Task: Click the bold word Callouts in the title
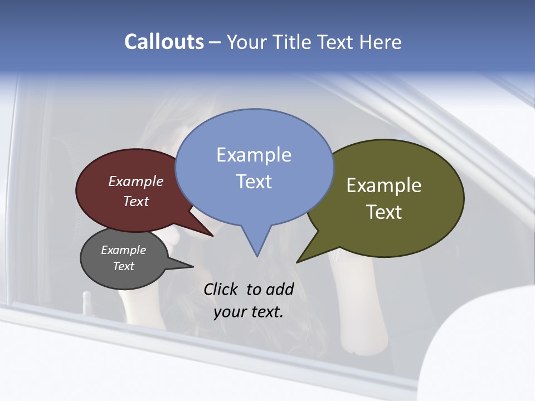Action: pyautogui.click(x=164, y=42)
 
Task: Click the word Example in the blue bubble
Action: pyautogui.click(x=254, y=155)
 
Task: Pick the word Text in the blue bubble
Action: pyautogui.click(x=254, y=182)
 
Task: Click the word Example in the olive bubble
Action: pyautogui.click(x=384, y=185)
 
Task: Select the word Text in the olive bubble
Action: pyautogui.click(x=384, y=212)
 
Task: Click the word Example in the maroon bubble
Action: pyautogui.click(x=136, y=181)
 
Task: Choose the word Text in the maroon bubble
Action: pyautogui.click(x=136, y=201)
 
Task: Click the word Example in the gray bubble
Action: pyautogui.click(x=123, y=250)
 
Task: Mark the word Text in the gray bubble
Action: pyautogui.click(x=123, y=266)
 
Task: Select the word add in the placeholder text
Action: pyautogui.click(x=280, y=289)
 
